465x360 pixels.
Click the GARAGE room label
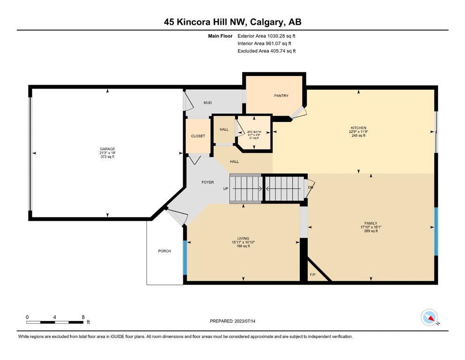tap(107, 149)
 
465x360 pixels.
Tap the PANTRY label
tap(281, 96)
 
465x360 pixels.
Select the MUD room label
tap(207, 103)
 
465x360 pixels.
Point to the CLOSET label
tap(198, 136)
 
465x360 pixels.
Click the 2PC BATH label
tap(254, 132)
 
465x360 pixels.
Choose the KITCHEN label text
tap(359, 128)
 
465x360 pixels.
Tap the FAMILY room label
tap(371, 223)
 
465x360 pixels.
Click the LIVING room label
tap(243, 238)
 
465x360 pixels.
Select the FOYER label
tap(207, 182)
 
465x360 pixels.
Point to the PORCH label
tap(164, 251)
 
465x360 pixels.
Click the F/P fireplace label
tap(312, 275)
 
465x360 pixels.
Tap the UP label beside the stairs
tap(226, 189)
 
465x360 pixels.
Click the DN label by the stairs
tap(310, 187)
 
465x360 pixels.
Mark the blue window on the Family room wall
tap(436, 232)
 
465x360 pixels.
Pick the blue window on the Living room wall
tap(185, 258)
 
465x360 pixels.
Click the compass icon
tap(429, 317)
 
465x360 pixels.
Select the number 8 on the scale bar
tap(83, 317)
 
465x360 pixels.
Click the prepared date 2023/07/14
tap(245, 321)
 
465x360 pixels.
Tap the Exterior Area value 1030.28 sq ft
tap(281, 36)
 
